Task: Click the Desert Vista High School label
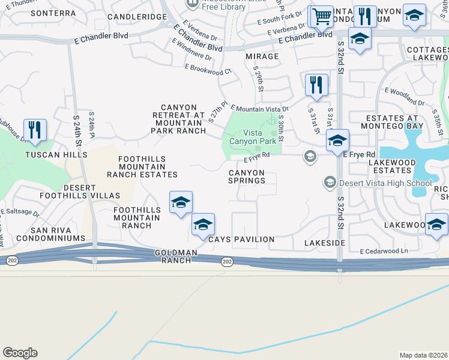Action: click(385, 183)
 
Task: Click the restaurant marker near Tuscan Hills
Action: click(35, 130)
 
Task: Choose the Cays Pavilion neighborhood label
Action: click(241, 239)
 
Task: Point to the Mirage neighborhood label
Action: click(262, 56)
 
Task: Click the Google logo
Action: click(20, 353)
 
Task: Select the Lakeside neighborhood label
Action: click(325, 242)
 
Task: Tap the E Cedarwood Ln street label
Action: click(384, 251)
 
